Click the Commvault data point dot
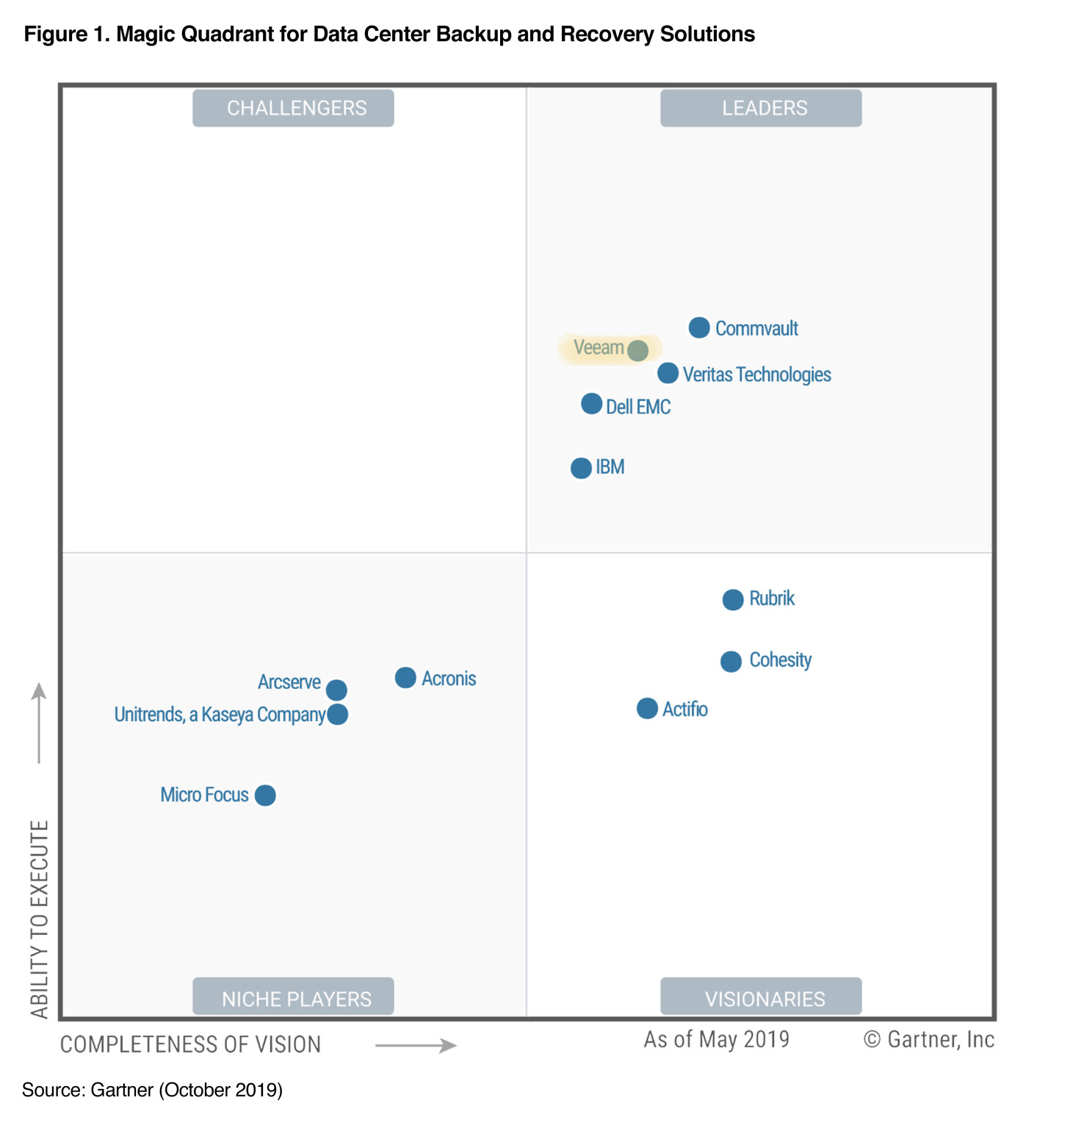(699, 328)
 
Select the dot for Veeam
(637, 350)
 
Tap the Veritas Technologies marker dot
(668, 373)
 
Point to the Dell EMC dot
(591, 404)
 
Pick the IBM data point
(581, 468)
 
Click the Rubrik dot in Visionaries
(732, 600)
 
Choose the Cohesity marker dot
(731, 662)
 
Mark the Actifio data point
(647, 709)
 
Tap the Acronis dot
(405, 678)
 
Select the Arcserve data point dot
(336, 690)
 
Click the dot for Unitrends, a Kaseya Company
(338, 714)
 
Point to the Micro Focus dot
(265, 795)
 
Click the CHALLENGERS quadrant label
(293, 108)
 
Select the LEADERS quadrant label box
(761, 108)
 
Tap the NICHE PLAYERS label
(293, 997)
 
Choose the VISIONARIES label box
(761, 997)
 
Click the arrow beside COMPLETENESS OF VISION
(416, 1045)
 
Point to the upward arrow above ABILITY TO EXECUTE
(39, 723)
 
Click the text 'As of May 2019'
(716, 1040)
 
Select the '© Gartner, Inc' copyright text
(929, 1040)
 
